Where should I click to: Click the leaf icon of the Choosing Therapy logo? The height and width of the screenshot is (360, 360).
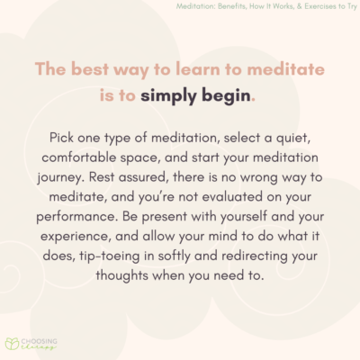coord(13,344)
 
